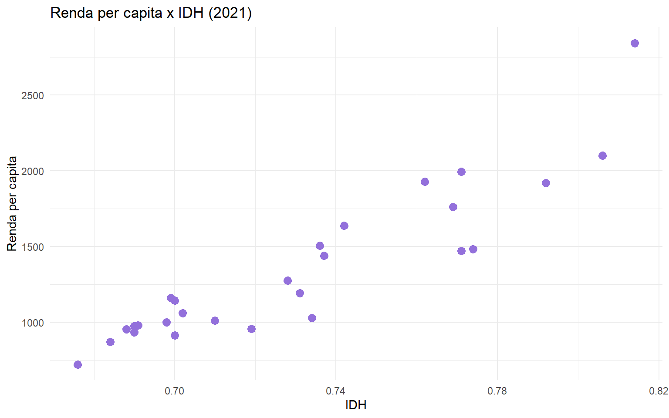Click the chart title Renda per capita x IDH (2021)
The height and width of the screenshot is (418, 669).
click(151, 13)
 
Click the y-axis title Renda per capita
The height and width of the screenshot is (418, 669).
click(12, 203)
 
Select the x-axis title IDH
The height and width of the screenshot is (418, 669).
click(355, 405)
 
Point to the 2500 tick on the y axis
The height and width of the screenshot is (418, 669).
click(33, 95)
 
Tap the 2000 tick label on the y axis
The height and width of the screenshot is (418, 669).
click(33, 171)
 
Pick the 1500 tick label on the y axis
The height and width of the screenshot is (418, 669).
click(33, 247)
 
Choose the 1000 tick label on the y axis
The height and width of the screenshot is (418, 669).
click(33, 323)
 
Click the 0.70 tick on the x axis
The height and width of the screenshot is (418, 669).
click(175, 391)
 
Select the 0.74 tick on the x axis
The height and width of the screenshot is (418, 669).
click(336, 391)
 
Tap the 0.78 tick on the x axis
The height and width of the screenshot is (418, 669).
click(497, 391)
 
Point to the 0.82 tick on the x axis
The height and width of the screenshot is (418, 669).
click(658, 391)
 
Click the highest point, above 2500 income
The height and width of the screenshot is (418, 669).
click(635, 43)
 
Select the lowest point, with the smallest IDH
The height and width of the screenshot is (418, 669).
click(78, 364)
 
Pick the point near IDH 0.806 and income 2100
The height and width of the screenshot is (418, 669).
click(602, 155)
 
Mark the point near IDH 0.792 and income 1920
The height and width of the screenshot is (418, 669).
click(546, 183)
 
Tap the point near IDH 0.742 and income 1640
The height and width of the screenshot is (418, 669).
click(344, 226)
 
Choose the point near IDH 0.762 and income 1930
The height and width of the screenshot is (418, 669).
click(425, 182)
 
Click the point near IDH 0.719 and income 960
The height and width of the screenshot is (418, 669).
click(251, 329)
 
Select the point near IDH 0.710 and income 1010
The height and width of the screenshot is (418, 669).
click(215, 320)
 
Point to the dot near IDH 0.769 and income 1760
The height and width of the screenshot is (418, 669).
click(453, 207)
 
